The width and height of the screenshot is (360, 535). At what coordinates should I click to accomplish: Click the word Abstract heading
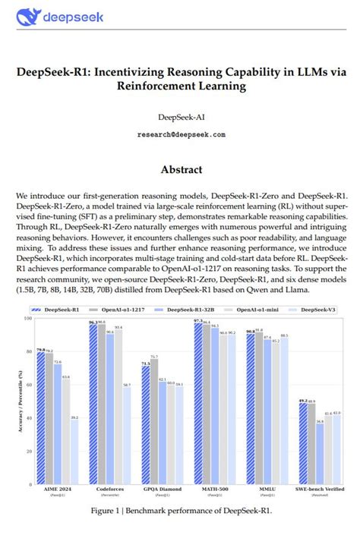point(181,170)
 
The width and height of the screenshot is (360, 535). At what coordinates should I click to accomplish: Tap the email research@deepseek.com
point(181,134)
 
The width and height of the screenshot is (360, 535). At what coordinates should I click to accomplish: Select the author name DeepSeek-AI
point(181,118)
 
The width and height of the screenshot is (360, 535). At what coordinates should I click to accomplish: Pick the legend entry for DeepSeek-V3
point(318,310)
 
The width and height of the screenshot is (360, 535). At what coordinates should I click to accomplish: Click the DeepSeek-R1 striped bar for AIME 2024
point(40,417)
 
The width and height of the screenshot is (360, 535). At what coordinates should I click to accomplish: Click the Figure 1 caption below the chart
point(181,511)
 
